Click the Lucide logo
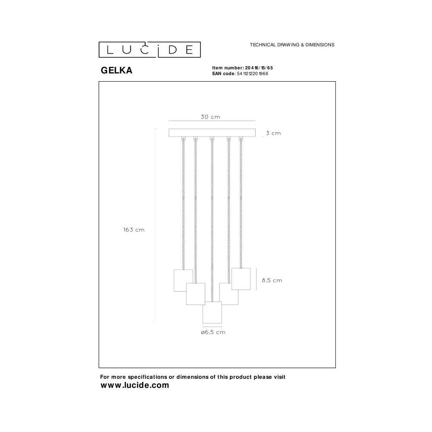coord(149,50)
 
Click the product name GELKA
coord(117,70)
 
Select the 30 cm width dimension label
coord(210,117)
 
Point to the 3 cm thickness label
coord(273,133)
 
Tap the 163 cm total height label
coord(134,230)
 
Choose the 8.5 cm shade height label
coord(272,280)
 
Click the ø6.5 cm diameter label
coord(213,332)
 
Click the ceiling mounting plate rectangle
coord(212,133)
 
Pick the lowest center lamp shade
coord(212,312)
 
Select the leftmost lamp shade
coord(183,280)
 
